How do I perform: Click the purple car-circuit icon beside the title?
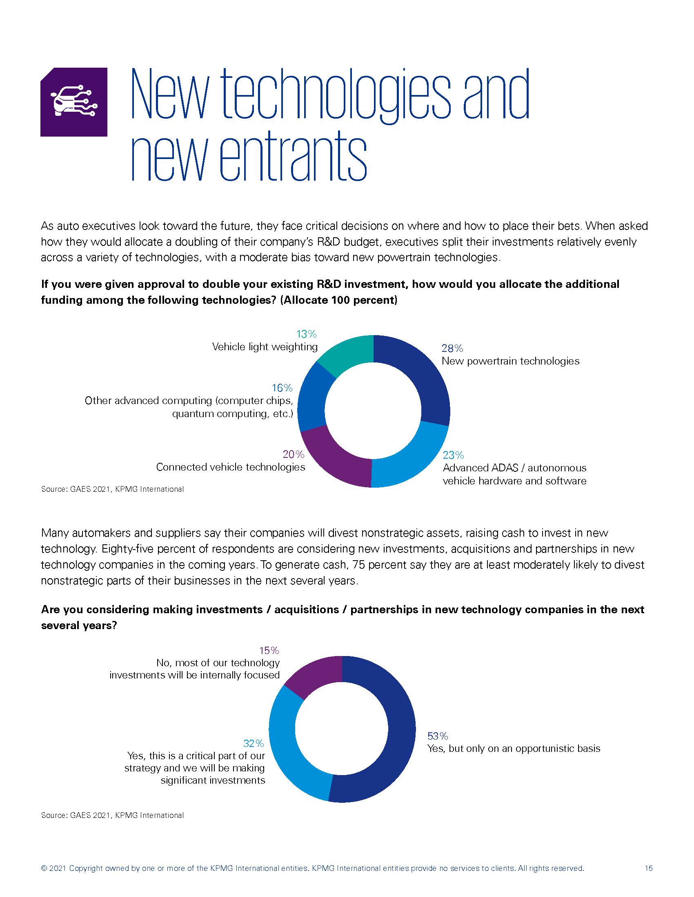(73, 102)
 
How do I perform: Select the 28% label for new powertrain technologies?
(452, 348)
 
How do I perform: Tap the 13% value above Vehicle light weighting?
(306, 334)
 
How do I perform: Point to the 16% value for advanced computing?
(282, 388)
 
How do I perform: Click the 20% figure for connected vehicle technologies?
(294, 454)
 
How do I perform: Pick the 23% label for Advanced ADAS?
(453, 455)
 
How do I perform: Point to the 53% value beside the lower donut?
(438, 736)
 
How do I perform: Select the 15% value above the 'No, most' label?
(269, 651)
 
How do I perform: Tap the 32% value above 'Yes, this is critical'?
(254, 743)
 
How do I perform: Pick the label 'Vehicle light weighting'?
(265, 347)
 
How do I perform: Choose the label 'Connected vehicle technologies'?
(231, 467)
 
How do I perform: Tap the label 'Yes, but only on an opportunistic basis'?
(514, 748)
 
